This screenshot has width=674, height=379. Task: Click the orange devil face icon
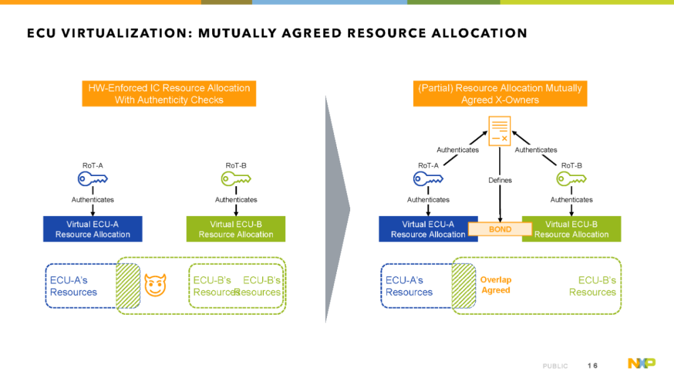(155, 285)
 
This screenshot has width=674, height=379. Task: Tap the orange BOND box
(500, 229)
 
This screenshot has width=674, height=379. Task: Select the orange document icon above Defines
(499, 130)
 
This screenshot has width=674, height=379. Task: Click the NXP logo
(642, 363)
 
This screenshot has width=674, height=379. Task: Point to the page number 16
(592, 366)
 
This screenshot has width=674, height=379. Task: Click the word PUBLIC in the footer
(555, 366)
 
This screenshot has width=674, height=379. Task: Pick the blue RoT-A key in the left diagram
(92, 179)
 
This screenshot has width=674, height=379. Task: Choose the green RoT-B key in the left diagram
(236, 179)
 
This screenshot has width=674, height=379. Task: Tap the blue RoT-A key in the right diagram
(428, 179)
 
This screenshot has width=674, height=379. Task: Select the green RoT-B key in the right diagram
(571, 179)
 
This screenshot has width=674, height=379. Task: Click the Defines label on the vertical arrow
(500, 180)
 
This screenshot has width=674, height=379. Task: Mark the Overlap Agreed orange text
(496, 285)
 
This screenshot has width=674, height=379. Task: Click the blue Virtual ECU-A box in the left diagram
(92, 229)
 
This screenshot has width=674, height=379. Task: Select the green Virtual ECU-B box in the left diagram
(235, 229)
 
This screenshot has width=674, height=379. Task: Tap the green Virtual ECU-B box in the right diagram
(571, 229)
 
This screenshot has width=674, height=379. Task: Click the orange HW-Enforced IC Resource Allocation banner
(169, 94)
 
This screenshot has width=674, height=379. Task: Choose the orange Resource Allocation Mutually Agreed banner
(500, 94)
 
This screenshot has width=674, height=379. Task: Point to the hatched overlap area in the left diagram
(128, 285)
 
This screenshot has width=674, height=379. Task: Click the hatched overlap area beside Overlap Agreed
(464, 285)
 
